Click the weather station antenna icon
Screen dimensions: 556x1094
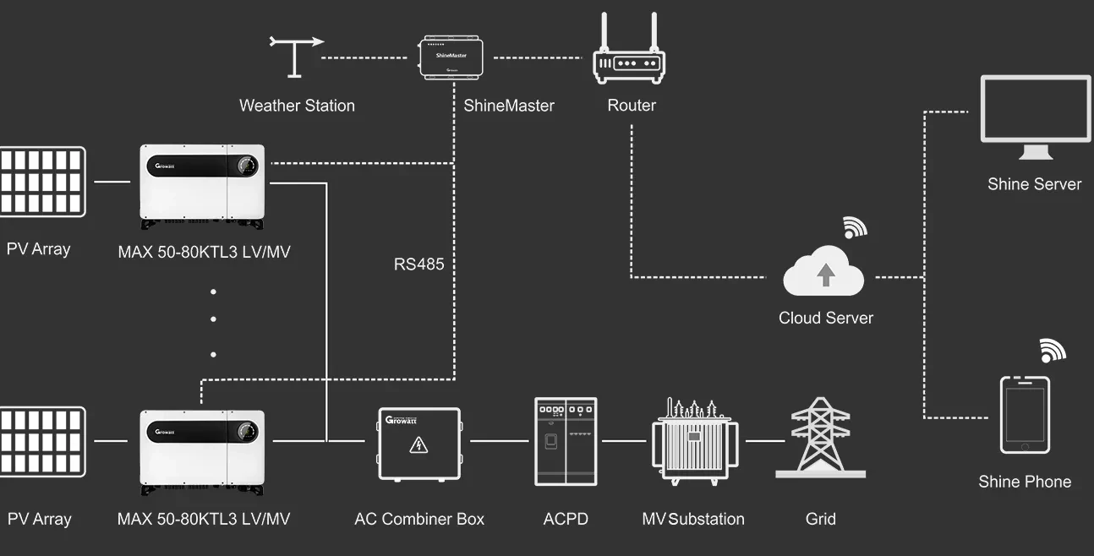pyautogui.click(x=295, y=56)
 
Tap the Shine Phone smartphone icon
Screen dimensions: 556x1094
pyautogui.click(x=1025, y=415)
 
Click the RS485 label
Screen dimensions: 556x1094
pyautogui.click(x=418, y=264)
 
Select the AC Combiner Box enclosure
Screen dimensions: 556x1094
pyautogui.click(x=418, y=444)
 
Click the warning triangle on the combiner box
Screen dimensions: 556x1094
pyautogui.click(x=418, y=445)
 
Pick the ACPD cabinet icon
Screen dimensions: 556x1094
pyautogui.click(x=566, y=441)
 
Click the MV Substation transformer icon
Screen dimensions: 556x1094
pyautogui.click(x=694, y=441)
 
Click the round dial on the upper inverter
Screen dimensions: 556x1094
pyautogui.click(x=246, y=165)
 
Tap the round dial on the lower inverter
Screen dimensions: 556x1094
pyautogui.click(x=246, y=430)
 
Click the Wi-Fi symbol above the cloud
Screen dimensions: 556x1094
pyautogui.click(x=855, y=228)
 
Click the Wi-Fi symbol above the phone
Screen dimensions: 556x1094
pyautogui.click(x=1053, y=350)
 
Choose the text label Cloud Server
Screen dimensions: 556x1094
pyautogui.click(x=825, y=318)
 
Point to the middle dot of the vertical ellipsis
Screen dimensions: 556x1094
pyautogui.click(x=213, y=319)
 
